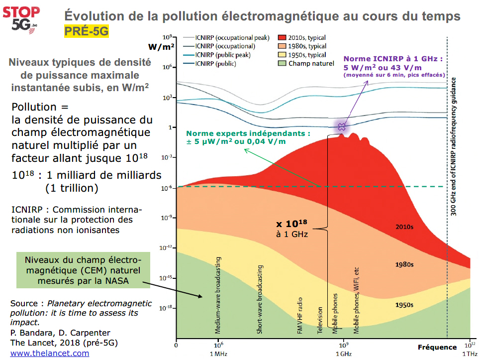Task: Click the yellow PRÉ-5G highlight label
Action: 86,31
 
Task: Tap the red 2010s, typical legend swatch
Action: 282,38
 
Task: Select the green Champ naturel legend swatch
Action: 282,63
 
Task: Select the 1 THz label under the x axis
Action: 470,354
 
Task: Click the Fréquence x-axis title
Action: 437,347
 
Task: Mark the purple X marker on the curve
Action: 342,126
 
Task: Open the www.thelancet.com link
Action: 50,353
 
